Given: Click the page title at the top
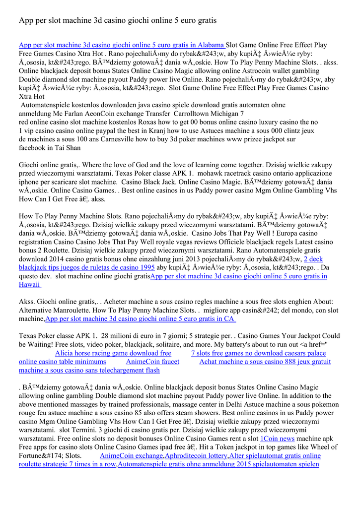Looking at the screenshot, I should (x=118, y=20).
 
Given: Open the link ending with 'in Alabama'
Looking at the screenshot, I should (x=122, y=45).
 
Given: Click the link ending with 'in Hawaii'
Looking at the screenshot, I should (x=239, y=276).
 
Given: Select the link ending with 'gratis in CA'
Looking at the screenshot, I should (x=140, y=318).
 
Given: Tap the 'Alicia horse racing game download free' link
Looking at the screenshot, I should (x=113, y=353).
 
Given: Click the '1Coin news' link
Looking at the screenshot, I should (x=278, y=439).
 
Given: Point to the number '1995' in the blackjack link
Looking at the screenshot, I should (x=146, y=267).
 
